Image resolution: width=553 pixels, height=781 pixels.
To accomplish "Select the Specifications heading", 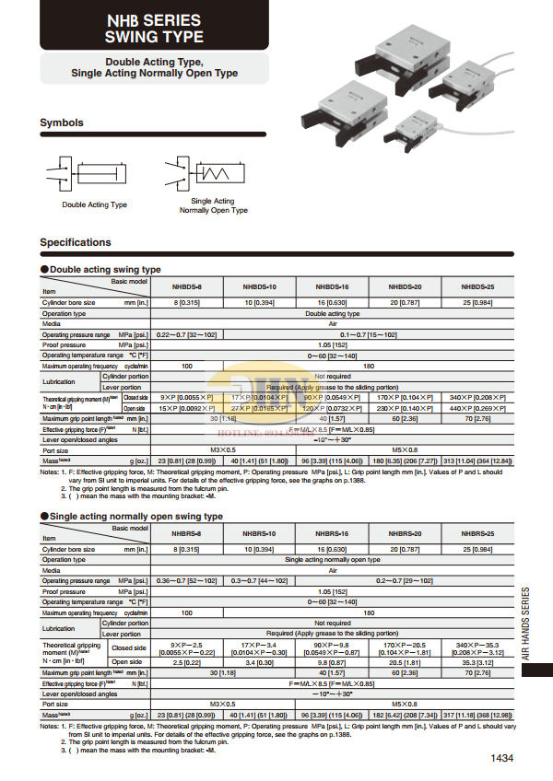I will [76, 242].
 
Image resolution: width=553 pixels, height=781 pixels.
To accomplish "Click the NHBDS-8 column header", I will [186, 286].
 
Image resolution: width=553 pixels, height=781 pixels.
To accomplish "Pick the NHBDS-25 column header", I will [477, 286].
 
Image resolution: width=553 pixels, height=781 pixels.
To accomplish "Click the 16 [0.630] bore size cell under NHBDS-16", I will [332, 302].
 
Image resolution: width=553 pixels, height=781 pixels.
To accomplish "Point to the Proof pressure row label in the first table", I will [62, 344].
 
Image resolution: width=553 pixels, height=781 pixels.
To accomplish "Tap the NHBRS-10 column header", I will [259, 533].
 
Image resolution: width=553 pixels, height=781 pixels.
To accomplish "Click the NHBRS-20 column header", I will [405, 533].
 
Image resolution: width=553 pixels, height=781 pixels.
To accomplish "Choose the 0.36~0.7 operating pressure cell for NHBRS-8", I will [186, 580].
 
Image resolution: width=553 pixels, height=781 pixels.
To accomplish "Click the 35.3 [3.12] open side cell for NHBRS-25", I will [477, 660].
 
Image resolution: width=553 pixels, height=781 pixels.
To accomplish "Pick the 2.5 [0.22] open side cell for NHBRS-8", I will [186, 660].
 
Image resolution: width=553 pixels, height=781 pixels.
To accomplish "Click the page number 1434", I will [501, 759].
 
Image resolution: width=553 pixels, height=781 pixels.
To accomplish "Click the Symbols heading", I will [62, 122].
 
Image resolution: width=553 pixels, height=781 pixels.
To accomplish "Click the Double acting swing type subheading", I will [104, 269].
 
